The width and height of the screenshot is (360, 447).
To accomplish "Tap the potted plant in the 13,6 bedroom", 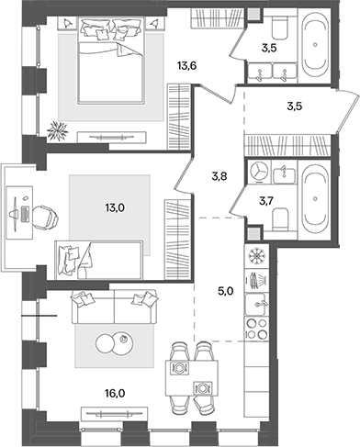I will coord(59,129).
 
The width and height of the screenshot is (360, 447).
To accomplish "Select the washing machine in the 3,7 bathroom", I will coord(261,172).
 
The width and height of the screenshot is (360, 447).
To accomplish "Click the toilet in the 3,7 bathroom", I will coord(286,217).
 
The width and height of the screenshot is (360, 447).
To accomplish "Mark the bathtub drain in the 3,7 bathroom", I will coord(317,198).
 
